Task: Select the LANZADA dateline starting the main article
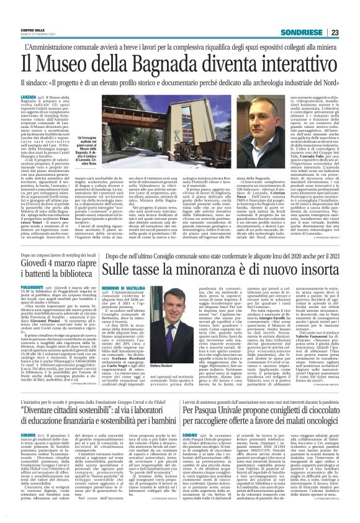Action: [29, 98]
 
